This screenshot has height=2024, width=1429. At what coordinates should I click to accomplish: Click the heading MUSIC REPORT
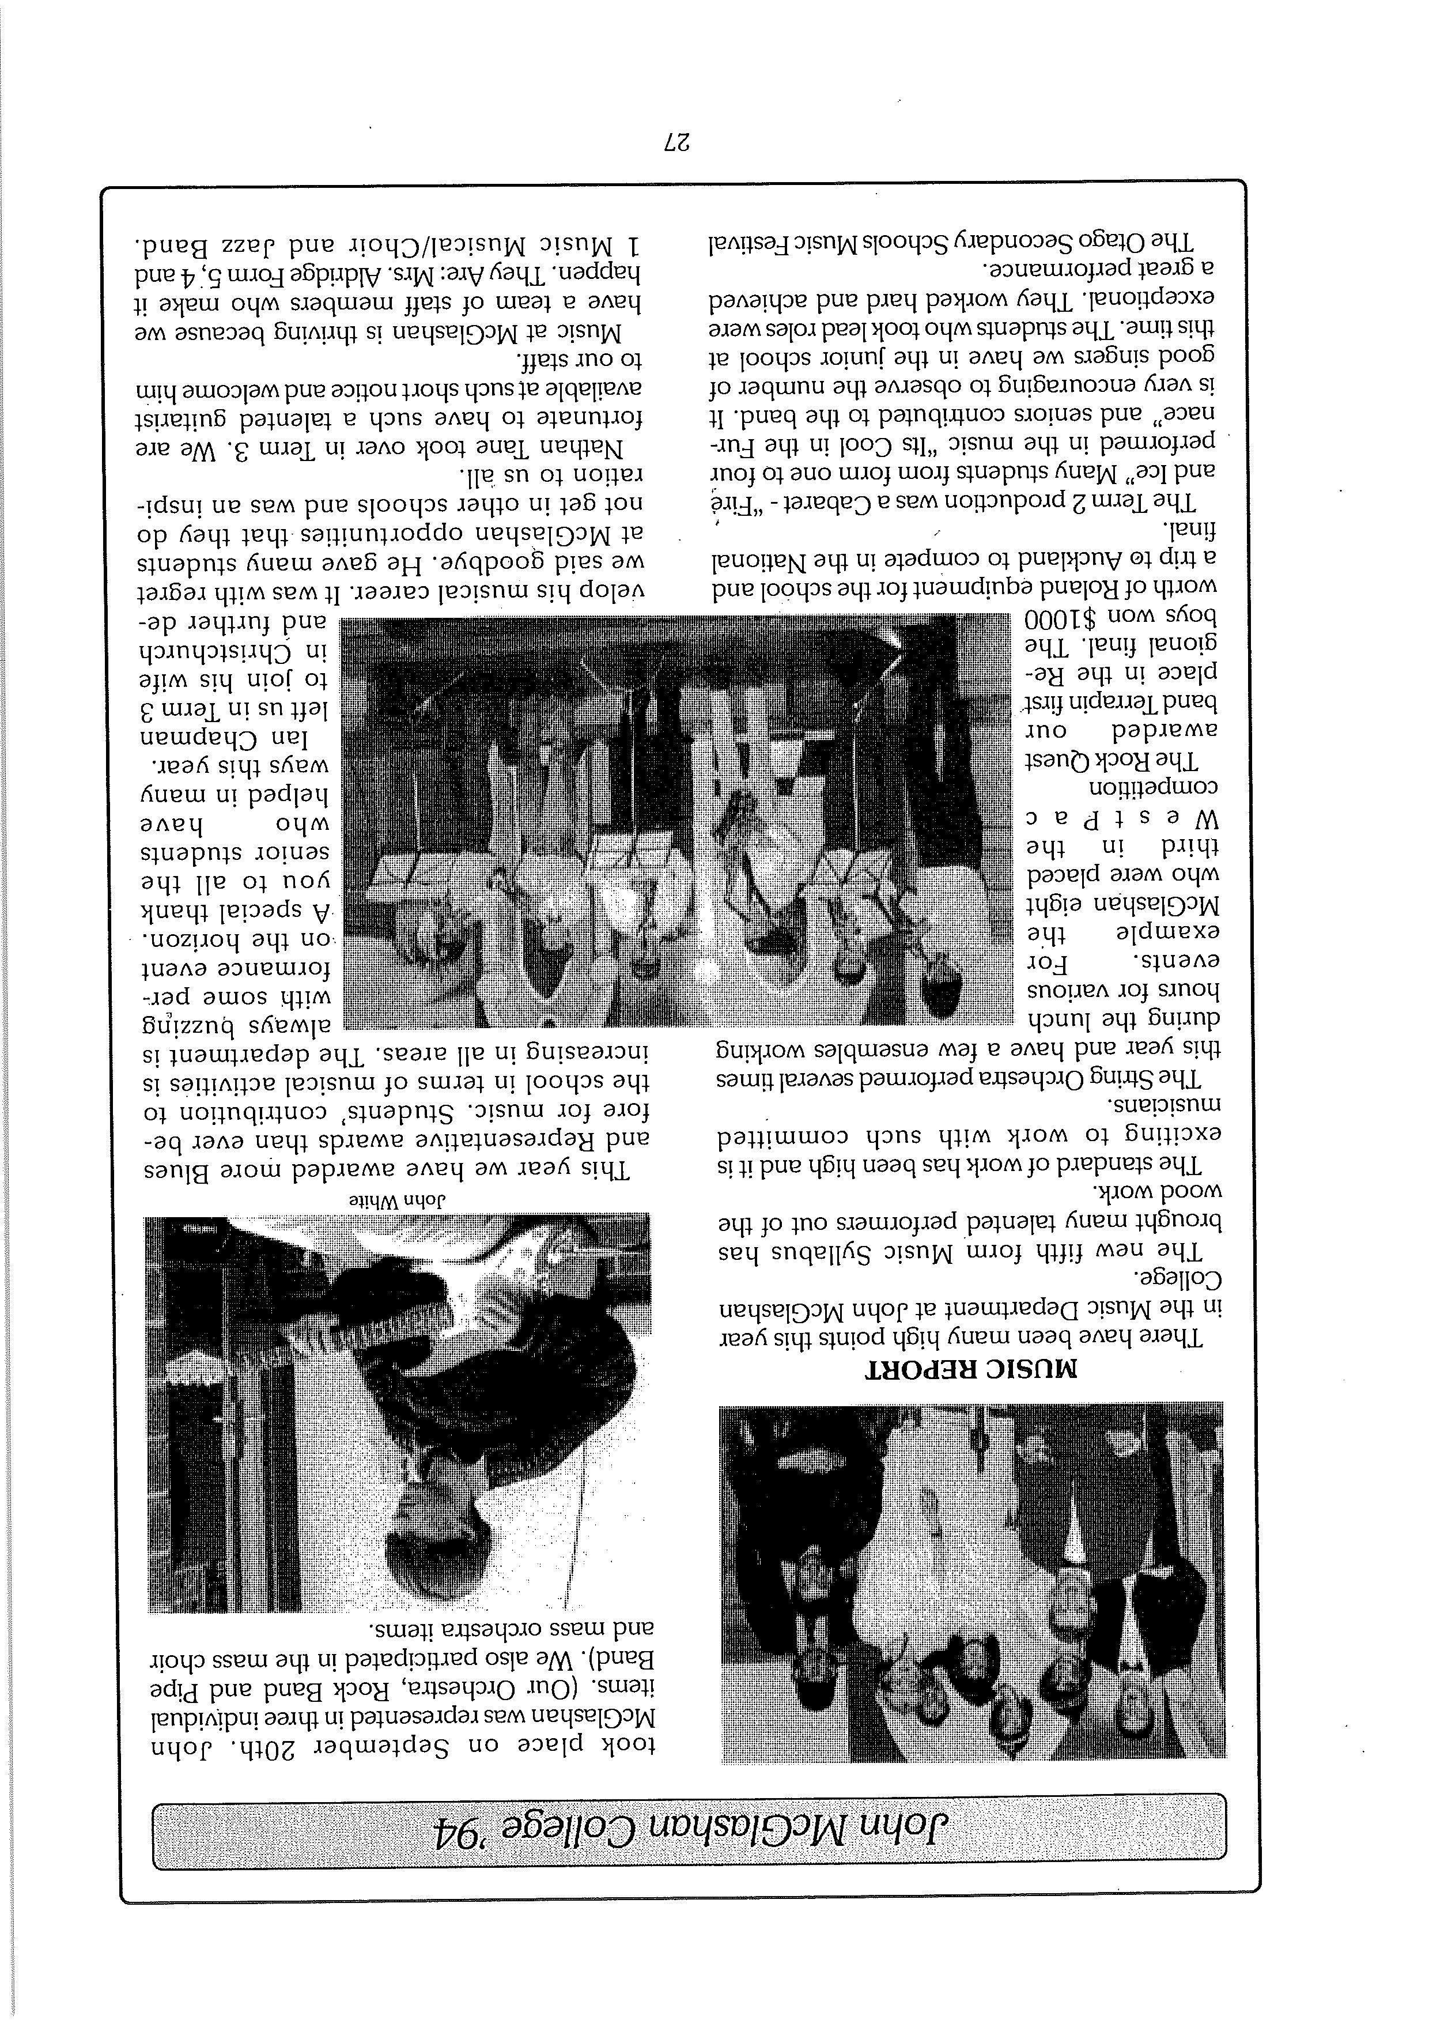coord(971,1370)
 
